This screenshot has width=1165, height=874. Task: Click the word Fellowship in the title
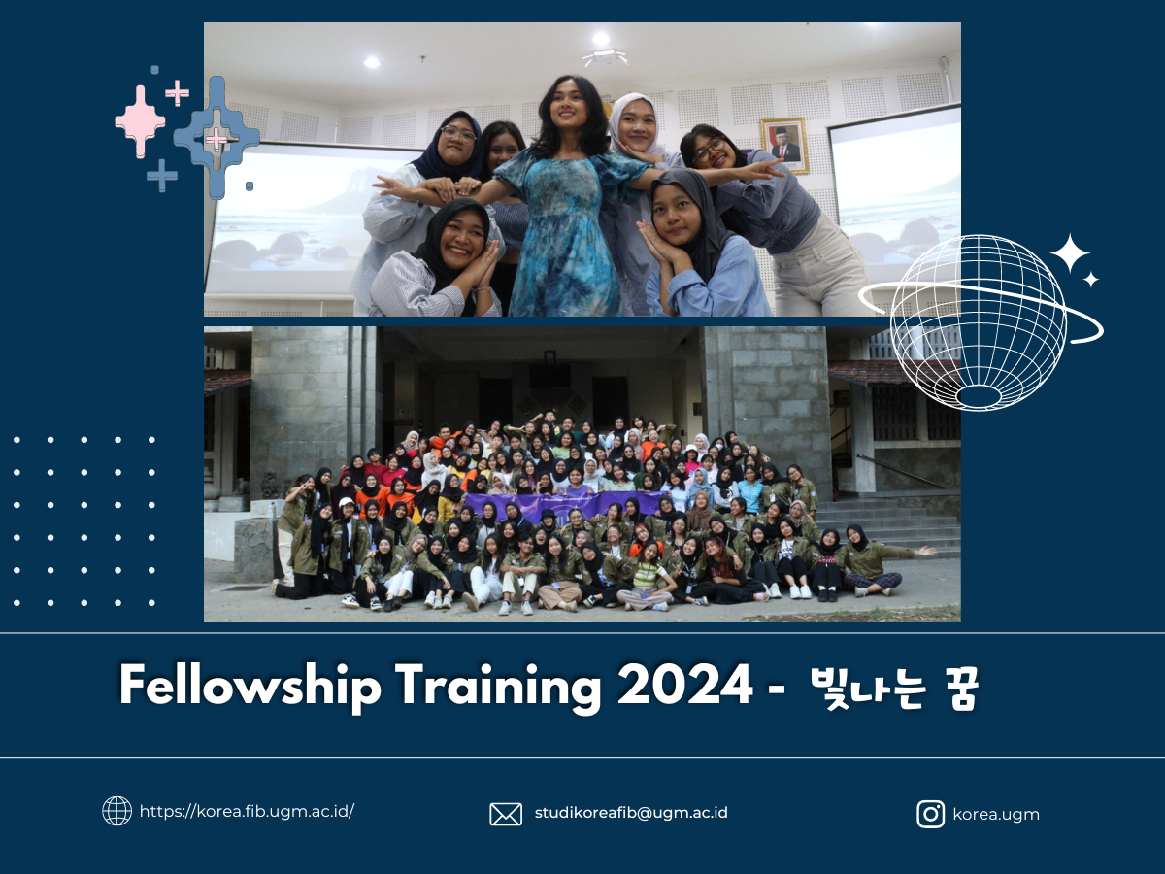click(250, 687)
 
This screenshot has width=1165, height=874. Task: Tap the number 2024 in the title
click(684, 685)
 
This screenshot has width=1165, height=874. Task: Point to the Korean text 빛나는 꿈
click(895, 688)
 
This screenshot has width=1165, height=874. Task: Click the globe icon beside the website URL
click(116, 811)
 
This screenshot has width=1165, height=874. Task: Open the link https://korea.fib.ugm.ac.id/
click(247, 812)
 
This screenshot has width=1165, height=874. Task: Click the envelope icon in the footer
click(505, 814)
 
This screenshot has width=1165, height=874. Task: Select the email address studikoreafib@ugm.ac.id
click(631, 813)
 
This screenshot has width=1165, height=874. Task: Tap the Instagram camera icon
click(930, 814)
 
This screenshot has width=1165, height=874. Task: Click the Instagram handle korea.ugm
click(996, 815)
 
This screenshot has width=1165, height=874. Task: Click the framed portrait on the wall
click(784, 146)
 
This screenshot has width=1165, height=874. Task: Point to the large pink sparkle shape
click(140, 121)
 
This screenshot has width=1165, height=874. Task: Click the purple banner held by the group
click(565, 504)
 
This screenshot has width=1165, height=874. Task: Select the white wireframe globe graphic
click(979, 322)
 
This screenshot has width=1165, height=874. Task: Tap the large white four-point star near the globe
click(1070, 253)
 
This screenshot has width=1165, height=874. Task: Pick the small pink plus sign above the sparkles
click(178, 94)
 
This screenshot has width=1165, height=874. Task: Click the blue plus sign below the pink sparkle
click(162, 176)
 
